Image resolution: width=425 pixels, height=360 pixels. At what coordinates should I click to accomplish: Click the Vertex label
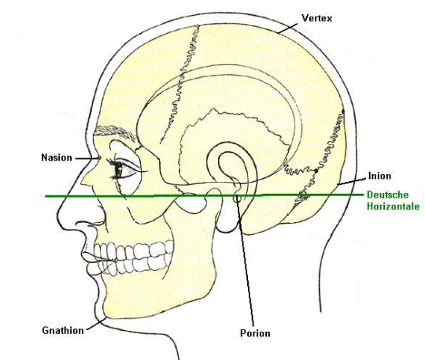point(317,18)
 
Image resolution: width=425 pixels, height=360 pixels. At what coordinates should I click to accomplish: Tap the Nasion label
point(57,158)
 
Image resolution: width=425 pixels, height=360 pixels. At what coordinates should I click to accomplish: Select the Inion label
point(379,176)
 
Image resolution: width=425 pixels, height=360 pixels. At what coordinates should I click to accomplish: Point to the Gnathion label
point(63,330)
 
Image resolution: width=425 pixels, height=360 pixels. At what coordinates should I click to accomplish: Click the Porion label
point(255,333)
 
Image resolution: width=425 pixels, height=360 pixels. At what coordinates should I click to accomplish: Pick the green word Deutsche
point(387,195)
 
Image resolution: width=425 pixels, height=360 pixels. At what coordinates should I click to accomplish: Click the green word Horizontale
point(393,206)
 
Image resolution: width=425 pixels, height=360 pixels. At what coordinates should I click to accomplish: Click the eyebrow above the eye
point(115,132)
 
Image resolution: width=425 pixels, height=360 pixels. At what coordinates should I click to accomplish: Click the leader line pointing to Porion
point(246,262)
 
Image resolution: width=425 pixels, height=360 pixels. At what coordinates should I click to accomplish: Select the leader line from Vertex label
point(288,28)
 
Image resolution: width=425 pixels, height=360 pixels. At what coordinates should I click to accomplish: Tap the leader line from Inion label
point(352,181)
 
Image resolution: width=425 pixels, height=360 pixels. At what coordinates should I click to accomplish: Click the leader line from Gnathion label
point(97,324)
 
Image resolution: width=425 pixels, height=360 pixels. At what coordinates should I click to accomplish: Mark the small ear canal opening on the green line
point(237,199)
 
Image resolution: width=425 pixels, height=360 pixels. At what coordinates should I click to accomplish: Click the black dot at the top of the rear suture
point(343,112)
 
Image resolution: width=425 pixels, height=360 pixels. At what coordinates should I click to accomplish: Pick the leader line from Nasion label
point(87,158)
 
